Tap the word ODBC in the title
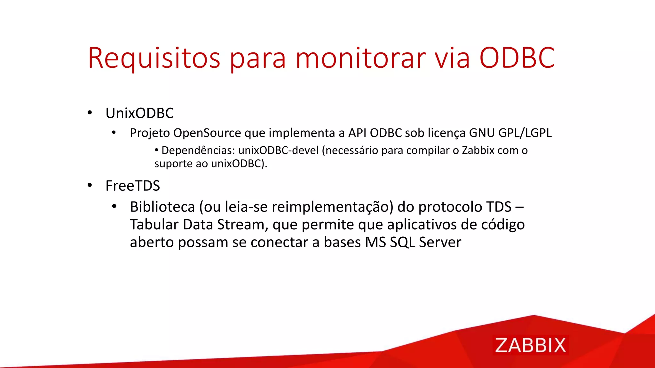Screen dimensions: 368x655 tap(517, 58)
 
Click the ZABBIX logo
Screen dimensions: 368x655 tap(530, 345)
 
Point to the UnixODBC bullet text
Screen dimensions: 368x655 tap(139, 113)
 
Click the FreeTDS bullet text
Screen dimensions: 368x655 tap(133, 186)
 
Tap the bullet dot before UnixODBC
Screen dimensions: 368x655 tap(90, 113)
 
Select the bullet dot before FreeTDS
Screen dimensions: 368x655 tap(90, 185)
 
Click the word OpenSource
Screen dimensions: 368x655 tap(207, 133)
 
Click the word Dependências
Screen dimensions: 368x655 tap(198, 150)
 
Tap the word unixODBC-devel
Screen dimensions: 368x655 tap(278, 150)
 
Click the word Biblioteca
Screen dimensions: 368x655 tap(162, 207)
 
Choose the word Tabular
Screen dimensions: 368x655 tap(154, 225)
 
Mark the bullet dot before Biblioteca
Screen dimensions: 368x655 tap(114, 207)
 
